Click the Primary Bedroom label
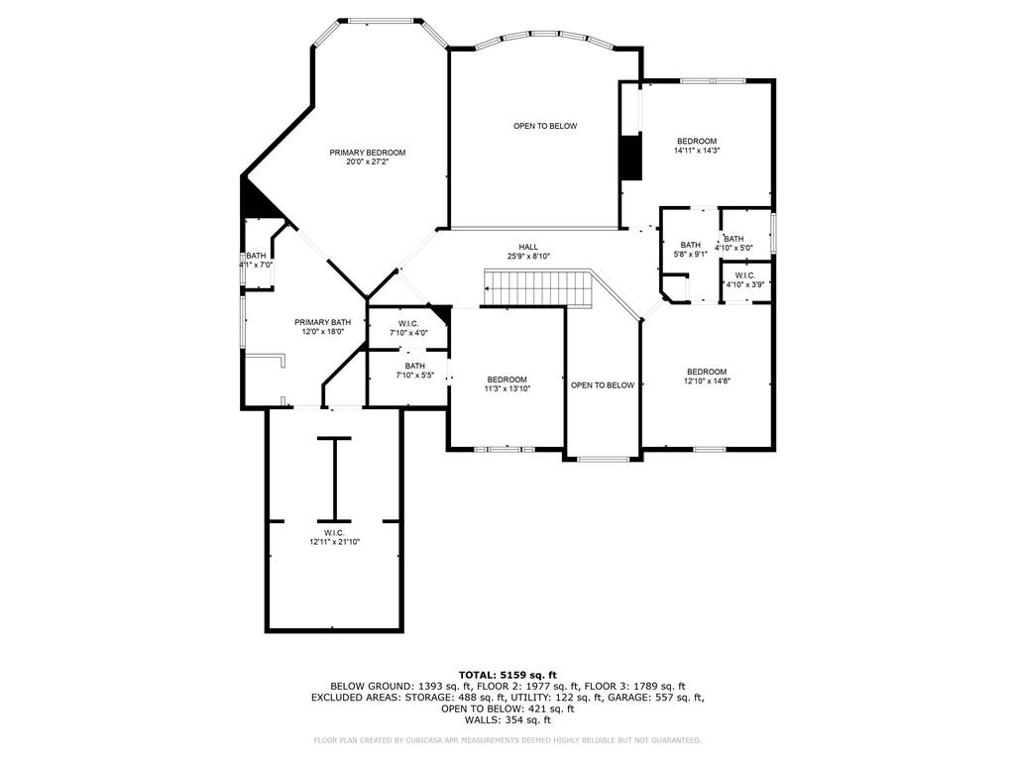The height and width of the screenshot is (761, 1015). (367, 153)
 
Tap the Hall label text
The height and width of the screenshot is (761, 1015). (528, 247)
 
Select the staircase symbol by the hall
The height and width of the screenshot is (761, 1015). (538, 287)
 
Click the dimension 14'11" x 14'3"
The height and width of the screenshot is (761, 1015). (697, 151)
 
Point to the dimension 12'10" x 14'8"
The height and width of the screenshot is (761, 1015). (707, 381)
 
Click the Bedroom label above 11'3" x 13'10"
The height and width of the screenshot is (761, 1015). (507, 380)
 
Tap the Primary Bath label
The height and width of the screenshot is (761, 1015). (322, 322)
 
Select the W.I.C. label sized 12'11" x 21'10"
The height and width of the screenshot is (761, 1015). (334, 532)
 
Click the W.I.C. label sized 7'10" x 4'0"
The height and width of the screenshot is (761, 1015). (408, 324)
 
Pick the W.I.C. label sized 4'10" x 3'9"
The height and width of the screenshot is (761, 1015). (745, 275)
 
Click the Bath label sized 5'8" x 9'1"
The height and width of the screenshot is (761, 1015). (690, 245)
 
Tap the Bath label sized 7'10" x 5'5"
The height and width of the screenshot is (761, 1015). (415, 366)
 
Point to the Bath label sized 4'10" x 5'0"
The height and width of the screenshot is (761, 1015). (734, 239)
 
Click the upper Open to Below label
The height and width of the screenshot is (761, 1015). (545, 126)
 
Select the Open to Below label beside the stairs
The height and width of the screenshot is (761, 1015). (603, 385)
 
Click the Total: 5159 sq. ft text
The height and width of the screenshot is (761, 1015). (507, 675)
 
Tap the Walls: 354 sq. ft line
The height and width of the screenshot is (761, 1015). (507, 719)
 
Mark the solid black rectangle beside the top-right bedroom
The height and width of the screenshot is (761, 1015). (631, 158)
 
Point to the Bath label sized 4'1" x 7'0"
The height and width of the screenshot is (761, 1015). (256, 256)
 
